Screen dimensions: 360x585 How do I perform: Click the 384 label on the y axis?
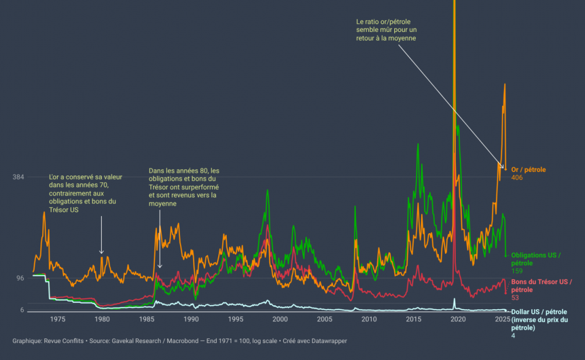tap(18, 177)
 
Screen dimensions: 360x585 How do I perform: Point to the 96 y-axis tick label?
tap(20, 278)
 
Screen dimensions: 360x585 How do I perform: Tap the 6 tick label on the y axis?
tap(22, 310)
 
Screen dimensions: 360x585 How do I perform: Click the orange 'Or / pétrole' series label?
tap(528, 170)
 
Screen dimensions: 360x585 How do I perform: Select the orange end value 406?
tap(518, 178)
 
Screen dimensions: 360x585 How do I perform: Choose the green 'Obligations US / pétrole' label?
tap(536, 259)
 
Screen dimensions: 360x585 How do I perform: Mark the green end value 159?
tap(517, 271)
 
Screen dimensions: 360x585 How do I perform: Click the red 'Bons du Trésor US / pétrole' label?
tap(540, 286)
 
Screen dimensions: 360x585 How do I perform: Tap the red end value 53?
tap(515, 298)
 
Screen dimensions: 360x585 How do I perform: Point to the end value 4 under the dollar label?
tap(513, 335)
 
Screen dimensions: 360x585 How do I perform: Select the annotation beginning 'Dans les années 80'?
tap(183, 187)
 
